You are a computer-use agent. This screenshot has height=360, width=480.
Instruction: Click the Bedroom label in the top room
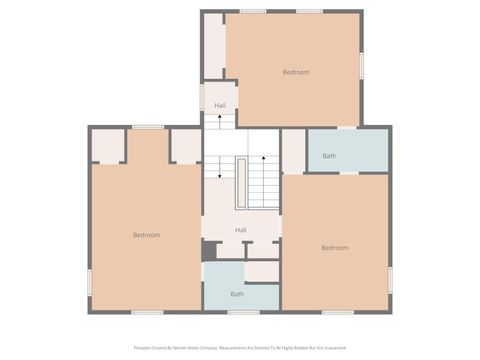pyautogui.click(x=295, y=72)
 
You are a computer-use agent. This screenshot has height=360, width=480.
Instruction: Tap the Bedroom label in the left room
pyautogui.click(x=147, y=235)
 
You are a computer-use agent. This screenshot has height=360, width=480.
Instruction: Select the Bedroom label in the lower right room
pyautogui.click(x=335, y=248)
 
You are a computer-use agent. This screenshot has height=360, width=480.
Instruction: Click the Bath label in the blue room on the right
pyautogui.click(x=329, y=156)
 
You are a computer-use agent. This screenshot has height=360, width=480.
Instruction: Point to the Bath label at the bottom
pyautogui.click(x=237, y=294)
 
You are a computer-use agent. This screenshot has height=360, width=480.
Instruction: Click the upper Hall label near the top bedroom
pyautogui.click(x=220, y=106)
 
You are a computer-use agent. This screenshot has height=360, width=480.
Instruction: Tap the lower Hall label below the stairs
pyautogui.click(x=241, y=231)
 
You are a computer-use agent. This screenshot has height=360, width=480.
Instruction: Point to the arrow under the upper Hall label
pyautogui.click(x=220, y=120)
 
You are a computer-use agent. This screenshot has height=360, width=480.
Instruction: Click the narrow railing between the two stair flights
pyautogui.click(x=241, y=183)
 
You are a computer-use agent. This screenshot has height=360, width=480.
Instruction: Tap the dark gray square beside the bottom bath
pyautogui.click(x=209, y=250)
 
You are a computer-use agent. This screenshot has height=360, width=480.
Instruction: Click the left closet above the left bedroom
pyautogui.click(x=108, y=145)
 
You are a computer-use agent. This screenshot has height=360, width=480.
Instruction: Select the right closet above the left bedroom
pyautogui.click(x=185, y=145)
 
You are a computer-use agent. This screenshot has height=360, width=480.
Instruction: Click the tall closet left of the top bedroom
pyautogui.click(x=214, y=45)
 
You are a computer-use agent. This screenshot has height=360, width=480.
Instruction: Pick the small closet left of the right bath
pyautogui.click(x=293, y=151)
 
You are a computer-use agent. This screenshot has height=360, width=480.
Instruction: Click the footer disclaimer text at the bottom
pyautogui.click(x=240, y=349)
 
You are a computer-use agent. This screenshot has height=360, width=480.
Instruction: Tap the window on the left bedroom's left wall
pyautogui.click(x=90, y=282)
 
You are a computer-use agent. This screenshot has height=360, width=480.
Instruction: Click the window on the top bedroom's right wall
pyautogui.click(x=361, y=64)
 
